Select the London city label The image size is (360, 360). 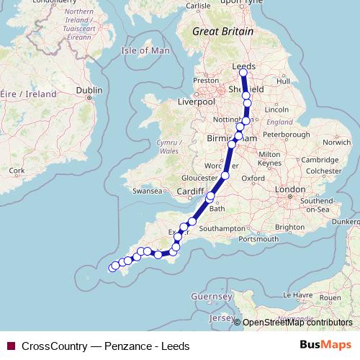[x=292, y=189]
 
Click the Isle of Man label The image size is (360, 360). [x=145, y=51]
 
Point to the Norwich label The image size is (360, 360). [x=336, y=142]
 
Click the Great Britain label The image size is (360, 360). [x=223, y=32]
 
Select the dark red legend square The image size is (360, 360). [x=10, y=346]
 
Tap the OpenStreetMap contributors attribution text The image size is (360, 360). [x=297, y=323]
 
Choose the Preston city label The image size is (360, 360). [x=205, y=81]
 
